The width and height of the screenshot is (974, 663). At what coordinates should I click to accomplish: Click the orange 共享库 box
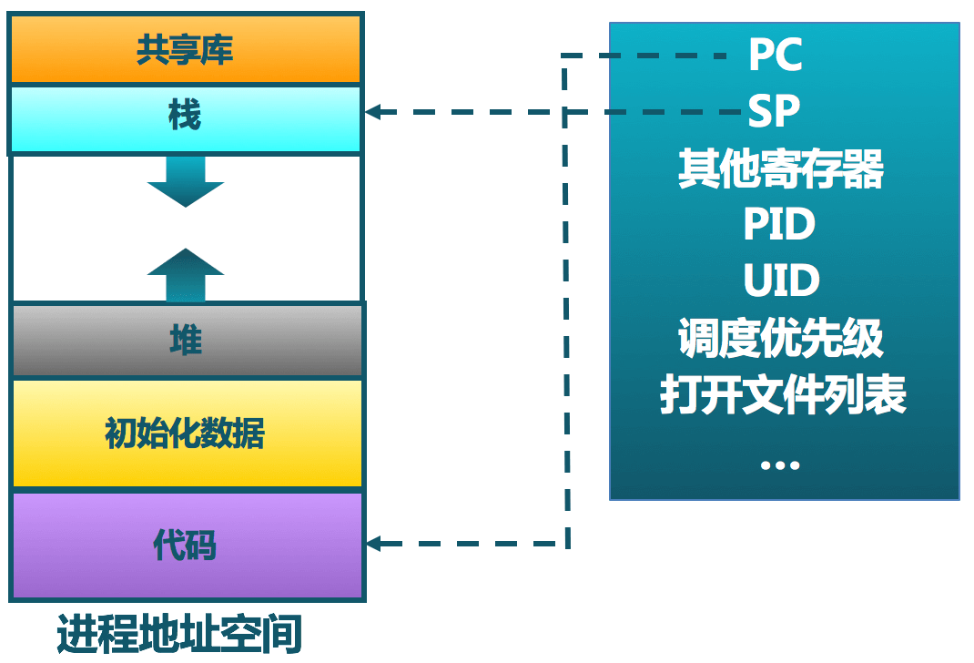pos(186,49)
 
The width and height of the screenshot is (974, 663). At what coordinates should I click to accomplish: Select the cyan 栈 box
pos(186,117)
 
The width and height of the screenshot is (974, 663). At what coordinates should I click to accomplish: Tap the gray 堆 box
pos(186,341)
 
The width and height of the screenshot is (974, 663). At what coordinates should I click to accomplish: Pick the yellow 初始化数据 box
pos(186,433)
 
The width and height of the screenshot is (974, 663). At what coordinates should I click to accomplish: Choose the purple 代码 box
pos(186,545)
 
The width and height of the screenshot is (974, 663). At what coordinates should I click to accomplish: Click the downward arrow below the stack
pos(186,182)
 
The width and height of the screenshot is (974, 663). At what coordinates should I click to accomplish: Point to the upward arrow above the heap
pos(186,273)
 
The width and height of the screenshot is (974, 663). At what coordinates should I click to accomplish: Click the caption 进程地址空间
pos(179,635)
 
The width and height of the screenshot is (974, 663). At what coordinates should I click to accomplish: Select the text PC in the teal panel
pos(775,56)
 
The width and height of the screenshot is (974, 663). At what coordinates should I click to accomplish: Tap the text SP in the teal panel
pos(774,111)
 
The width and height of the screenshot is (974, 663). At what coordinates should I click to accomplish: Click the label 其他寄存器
pos(781,169)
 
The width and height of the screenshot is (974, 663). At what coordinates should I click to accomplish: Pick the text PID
pos(779,225)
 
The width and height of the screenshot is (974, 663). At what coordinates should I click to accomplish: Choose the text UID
pos(781,281)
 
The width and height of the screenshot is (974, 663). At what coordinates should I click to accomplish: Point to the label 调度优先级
pos(781,339)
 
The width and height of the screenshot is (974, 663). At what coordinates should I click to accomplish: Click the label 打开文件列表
pos(783,395)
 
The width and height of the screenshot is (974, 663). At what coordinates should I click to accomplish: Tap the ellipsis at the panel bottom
pos(779,464)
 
